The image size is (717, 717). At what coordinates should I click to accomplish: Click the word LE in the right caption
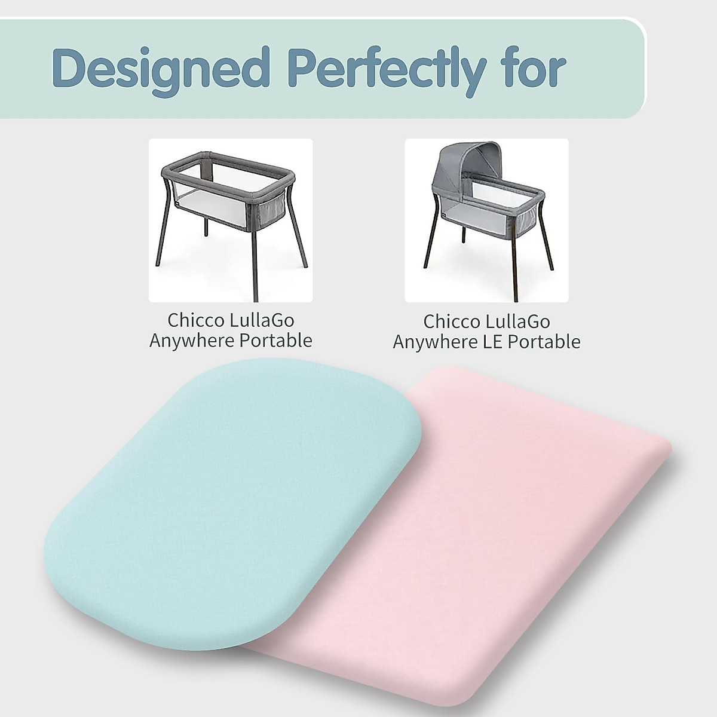click(497, 342)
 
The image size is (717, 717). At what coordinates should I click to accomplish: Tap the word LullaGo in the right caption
click(518, 321)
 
